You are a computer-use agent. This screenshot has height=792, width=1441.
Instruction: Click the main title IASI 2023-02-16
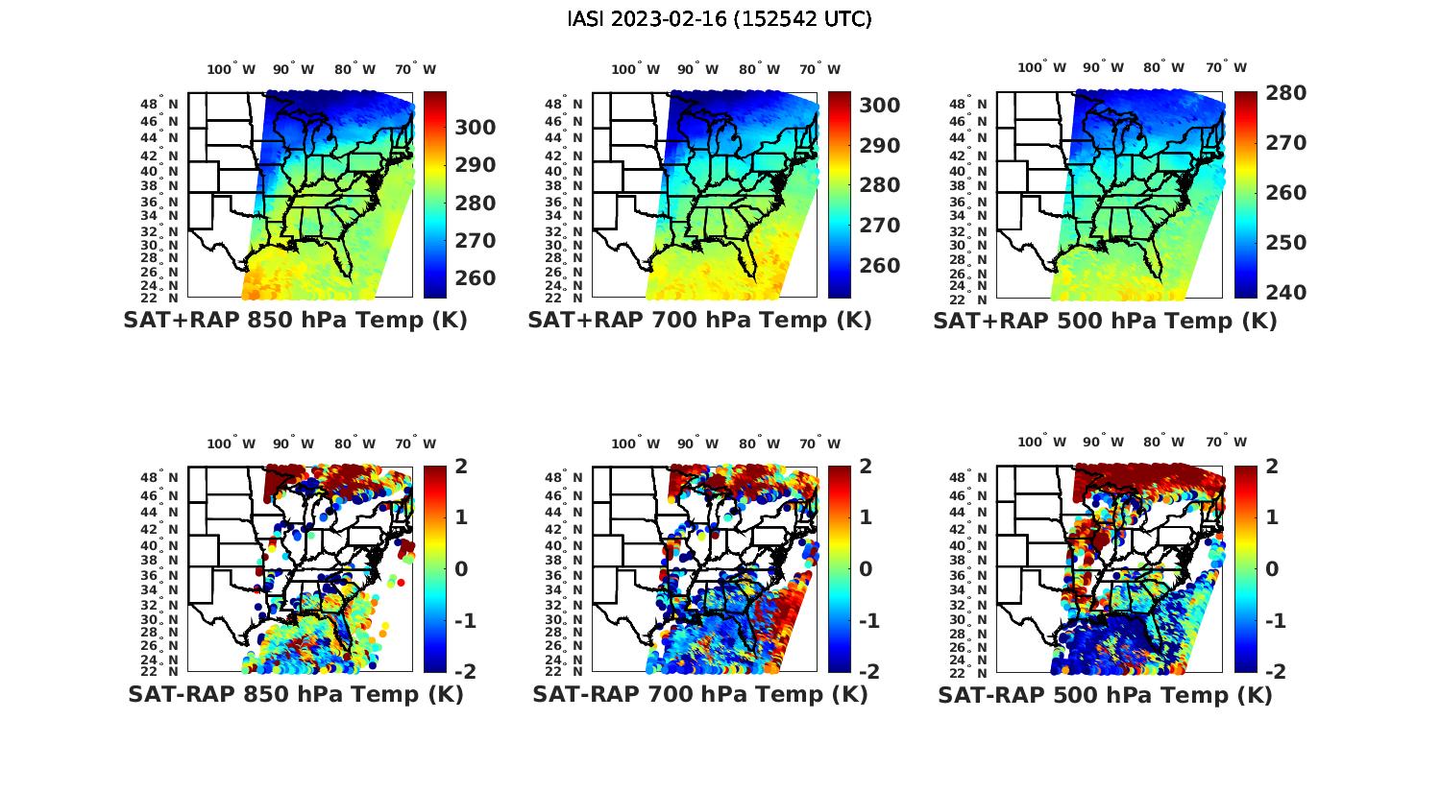pyautogui.click(x=720, y=19)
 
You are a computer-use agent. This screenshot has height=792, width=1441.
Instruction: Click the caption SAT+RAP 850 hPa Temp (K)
pyautogui.click(x=295, y=321)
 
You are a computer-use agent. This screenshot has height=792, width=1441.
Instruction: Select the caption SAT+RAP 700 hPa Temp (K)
pyautogui.click(x=699, y=321)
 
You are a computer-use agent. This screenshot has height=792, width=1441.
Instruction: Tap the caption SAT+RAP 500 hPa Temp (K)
pyautogui.click(x=1105, y=322)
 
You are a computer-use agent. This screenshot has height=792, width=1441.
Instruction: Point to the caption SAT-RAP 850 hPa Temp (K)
pyautogui.click(x=295, y=695)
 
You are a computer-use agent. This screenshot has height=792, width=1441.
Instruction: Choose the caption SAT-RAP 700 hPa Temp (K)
pyautogui.click(x=699, y=695)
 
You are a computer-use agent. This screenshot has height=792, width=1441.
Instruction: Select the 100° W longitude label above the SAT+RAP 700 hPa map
pyautogui.click(x=635, y=69)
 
